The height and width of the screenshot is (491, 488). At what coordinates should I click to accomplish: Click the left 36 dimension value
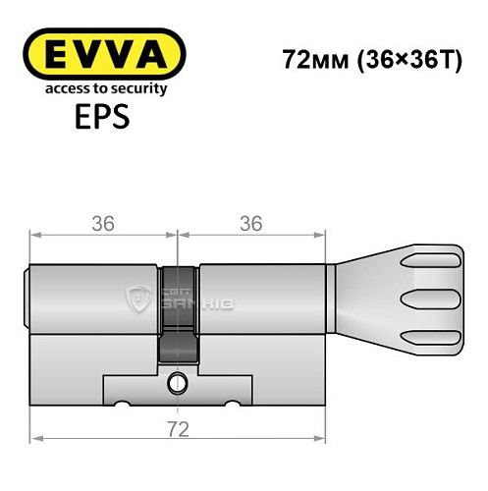[103, 224]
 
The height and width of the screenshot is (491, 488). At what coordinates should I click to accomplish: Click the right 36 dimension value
[250, 224]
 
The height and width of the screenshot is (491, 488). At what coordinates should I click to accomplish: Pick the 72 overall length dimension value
[178, 429]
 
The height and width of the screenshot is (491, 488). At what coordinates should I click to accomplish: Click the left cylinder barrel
[93, 295]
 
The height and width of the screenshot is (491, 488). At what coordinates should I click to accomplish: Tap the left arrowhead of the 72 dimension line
[36, 439]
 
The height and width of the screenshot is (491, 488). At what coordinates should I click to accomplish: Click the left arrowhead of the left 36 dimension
[36, 235]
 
